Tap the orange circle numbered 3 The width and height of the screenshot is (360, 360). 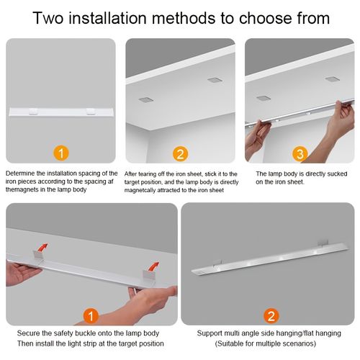[299, 153]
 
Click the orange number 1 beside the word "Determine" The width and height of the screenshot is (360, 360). [61, 153]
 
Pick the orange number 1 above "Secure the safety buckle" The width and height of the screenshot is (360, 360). [90, 315]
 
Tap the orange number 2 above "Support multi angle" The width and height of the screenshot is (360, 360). [269, 315]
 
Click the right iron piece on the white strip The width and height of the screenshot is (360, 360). [89, 111]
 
